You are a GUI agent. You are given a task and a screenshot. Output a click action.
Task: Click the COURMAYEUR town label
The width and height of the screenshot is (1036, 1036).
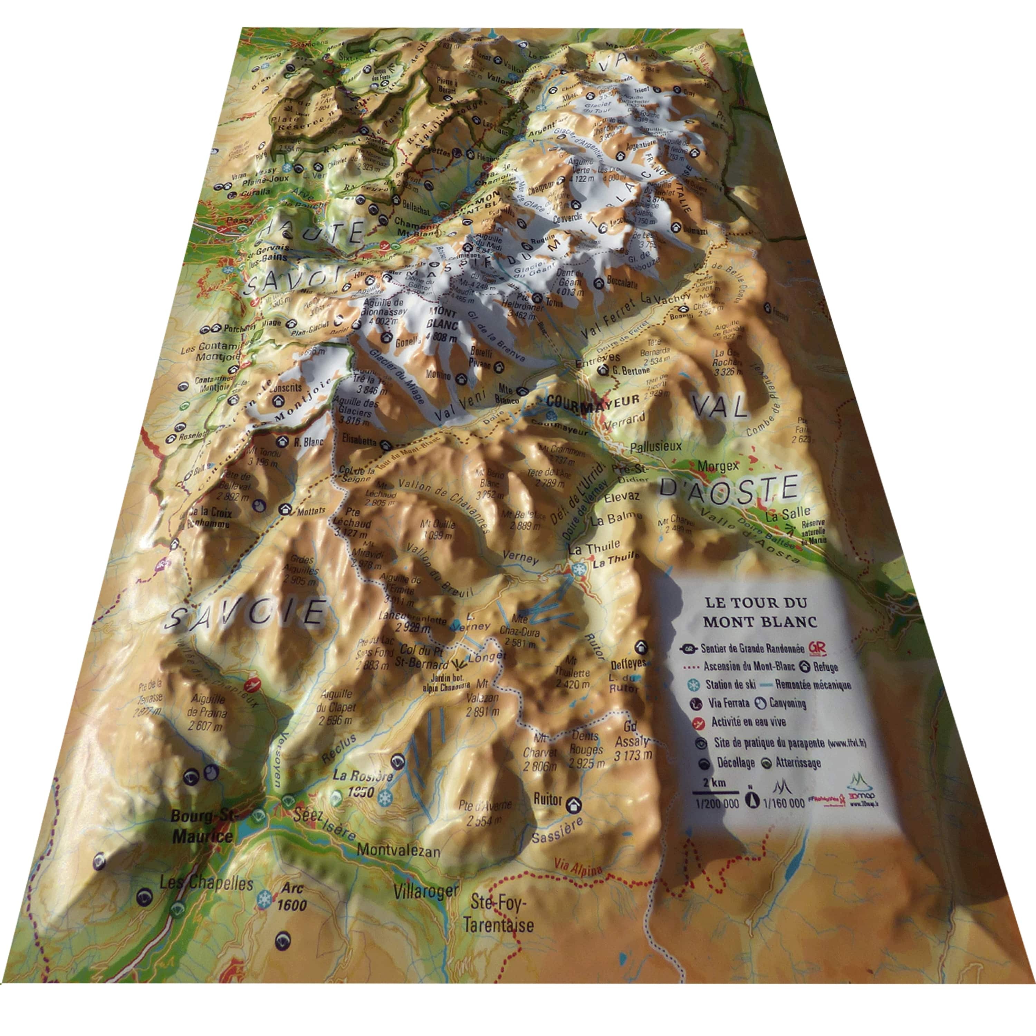593,401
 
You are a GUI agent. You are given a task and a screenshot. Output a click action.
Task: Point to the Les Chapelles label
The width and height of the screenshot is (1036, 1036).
206,883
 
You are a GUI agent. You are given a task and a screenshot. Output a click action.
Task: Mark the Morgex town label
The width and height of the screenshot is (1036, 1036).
718,467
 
